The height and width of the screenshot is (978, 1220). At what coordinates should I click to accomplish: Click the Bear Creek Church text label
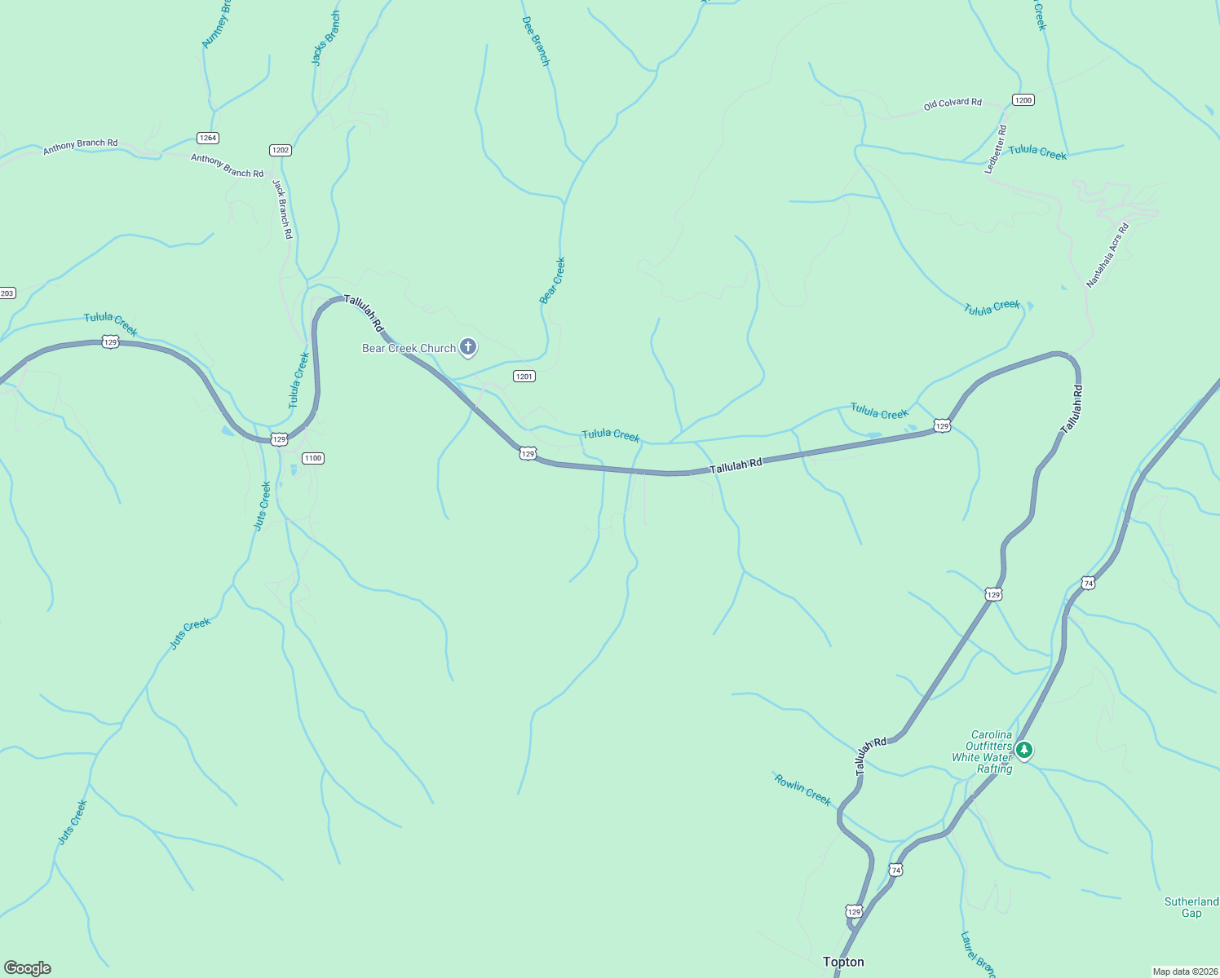click(x=409, y=349)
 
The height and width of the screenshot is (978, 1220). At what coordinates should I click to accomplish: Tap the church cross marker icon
click(x=468, y=348)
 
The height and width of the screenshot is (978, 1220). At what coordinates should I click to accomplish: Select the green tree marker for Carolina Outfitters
click(x=1024, y=750)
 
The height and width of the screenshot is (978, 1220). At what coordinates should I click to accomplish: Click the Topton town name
click(x=843, y=962)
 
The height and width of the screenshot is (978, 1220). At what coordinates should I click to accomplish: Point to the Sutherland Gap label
click(x=1191, y=907)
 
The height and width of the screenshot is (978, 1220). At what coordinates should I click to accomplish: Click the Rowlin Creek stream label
click(x=802, y=790)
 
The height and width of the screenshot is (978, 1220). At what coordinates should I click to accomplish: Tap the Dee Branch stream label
click(x=536, y=38)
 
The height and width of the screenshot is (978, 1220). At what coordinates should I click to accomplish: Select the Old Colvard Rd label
click(x=953, y=104)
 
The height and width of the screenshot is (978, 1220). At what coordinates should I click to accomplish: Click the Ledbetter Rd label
click(x=996, y=149)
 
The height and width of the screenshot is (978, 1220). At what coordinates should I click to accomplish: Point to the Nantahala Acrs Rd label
click(x=1107, y=255)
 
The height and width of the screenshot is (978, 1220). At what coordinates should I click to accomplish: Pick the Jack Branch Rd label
click(x=282, y=209)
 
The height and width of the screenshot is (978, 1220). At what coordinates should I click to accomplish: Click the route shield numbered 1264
click(x=208, y=138)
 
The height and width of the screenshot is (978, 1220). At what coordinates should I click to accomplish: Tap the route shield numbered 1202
click(x=281, y=150)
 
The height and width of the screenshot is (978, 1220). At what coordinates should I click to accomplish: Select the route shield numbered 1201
click(x=524, y=376)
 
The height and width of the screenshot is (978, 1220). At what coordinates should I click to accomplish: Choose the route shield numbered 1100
click(x=313, y=458)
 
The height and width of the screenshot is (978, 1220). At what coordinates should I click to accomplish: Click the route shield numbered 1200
click(x=1023, y=99)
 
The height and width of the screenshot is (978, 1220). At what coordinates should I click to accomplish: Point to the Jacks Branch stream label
click(x=326, y=38)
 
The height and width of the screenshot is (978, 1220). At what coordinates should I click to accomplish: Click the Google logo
click(x=28, y=968)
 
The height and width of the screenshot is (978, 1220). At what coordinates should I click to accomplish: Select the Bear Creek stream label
click(x=552, y=280)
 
